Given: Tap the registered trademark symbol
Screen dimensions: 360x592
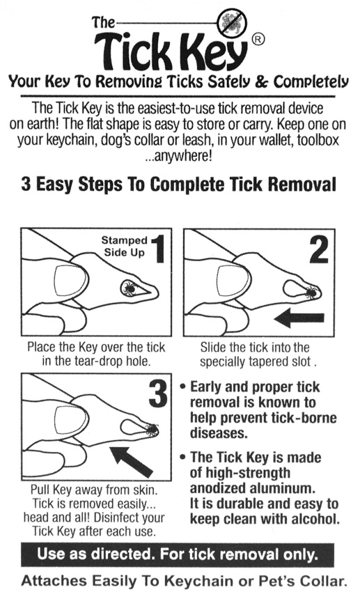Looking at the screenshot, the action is (x=258, y=39).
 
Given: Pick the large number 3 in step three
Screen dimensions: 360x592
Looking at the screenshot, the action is (x=158, y=394).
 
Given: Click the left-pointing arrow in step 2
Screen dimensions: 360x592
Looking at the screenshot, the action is (x=299, y=318).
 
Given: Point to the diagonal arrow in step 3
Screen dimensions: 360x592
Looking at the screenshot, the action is (x=132, y=461).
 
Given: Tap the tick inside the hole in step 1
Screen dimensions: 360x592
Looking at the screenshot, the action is (x=129, y=288).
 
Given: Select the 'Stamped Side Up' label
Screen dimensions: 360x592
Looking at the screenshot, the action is (x=125, y=246).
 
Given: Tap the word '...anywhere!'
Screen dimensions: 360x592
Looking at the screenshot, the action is (x=178, y=155).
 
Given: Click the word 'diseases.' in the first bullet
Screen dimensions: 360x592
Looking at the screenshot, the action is (x=219, y=433).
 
